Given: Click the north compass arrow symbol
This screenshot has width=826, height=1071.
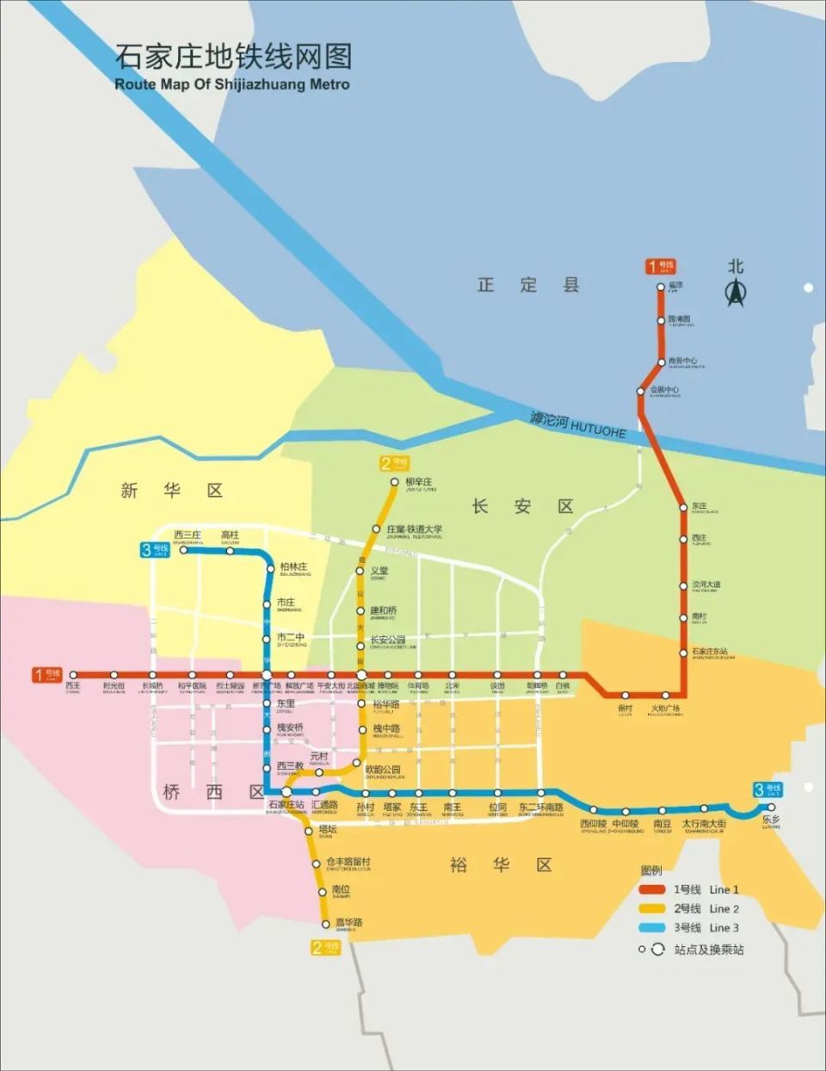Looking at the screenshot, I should (x=735, y=294).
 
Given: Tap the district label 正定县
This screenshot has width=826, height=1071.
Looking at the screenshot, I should (x=528, y=285).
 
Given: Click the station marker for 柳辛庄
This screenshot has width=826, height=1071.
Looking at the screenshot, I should (x=395, y=482).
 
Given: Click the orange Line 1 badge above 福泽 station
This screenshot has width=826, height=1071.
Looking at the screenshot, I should (x=661, y=267).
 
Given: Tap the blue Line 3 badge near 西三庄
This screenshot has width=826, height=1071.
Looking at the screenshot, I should (x=156, y=549).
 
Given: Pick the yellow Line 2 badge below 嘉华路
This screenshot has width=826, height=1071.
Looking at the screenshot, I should (x=326, y=947).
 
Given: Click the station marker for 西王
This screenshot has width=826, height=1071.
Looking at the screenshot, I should (x=73, y=675).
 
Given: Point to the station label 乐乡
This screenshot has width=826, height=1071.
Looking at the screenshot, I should (x=770, y=820).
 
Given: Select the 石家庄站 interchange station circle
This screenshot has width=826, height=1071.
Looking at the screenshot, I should (x=287, y=792).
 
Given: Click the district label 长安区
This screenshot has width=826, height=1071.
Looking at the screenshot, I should (x=522, y=506).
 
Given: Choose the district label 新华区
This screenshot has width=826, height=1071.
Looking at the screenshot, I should (x=172, y=491).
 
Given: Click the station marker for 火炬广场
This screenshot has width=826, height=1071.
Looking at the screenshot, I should (x=666, y=696).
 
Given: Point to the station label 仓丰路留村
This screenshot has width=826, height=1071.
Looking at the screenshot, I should (x=348, y=863).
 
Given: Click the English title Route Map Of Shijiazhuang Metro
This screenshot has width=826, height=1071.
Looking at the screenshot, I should (x=232, y=84).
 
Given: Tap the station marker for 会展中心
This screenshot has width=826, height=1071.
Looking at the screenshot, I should (x=640, y=392).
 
